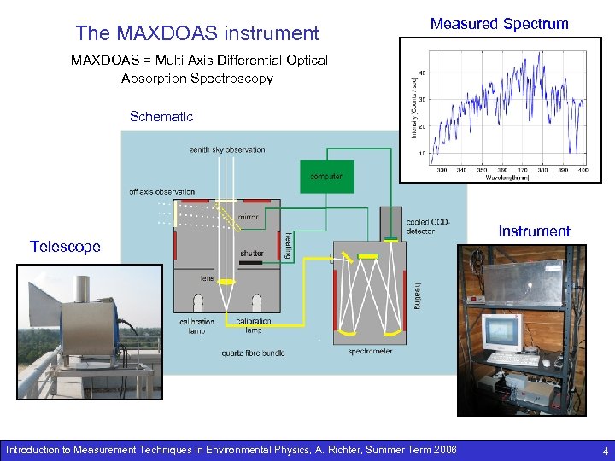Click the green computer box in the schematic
(325, 176)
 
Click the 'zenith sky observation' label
(226, 149)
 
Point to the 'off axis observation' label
(161, 191)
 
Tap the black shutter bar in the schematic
(252, 263)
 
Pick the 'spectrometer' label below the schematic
(370, 351)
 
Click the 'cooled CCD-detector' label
(426, 225)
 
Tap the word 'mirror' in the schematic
(249, 217)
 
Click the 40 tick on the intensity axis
(422, 73)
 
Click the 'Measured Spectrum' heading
(499, 24)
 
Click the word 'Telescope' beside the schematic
(65, 247)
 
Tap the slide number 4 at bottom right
(604, 451)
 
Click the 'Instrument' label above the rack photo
(534, 231)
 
